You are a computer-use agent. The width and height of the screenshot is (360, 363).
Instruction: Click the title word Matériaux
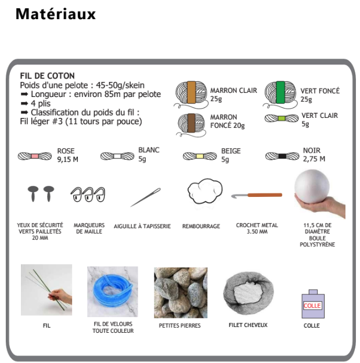tap(56, 14)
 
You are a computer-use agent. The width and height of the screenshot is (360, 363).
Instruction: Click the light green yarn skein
tap(282, 118)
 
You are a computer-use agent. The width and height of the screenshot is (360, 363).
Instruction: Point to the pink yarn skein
tap(35, 156)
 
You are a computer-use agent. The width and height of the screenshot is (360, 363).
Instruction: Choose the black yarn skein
tap(282, 156)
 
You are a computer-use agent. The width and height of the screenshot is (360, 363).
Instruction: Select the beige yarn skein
tap(200, 156)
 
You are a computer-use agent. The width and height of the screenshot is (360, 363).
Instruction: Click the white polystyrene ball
tap(312, 187)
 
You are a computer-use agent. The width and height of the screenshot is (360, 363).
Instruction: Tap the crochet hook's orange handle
tap(265, 195)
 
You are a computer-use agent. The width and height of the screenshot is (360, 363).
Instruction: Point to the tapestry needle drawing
tap(146, 197)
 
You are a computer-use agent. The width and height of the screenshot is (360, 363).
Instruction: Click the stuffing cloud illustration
tap(205, 191)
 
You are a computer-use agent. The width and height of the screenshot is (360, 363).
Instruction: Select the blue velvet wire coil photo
tap(113, 292)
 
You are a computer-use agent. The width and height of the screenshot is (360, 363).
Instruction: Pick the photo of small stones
tap(181, 293)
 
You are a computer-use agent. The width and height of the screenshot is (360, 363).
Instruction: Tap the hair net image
tap(248, 293)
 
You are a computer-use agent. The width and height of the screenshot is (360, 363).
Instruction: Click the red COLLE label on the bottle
tap(312, 306)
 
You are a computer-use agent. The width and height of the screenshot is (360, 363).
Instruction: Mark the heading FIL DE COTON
tap(48, 76)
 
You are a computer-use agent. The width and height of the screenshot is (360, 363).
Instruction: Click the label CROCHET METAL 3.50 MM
tap(257, 228)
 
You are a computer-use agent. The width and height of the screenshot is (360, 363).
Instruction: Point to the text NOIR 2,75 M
tap(314, 154)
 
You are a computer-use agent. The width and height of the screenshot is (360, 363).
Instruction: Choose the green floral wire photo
tap(46, 290)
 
